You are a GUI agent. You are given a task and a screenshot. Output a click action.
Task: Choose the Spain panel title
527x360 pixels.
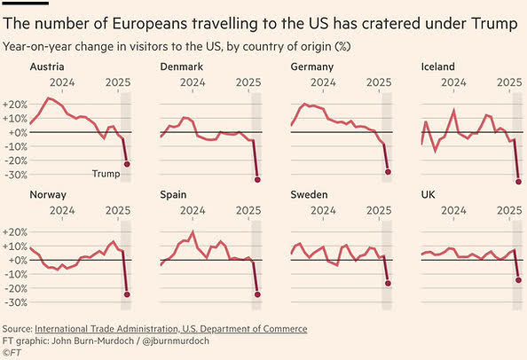[x=174, y=194]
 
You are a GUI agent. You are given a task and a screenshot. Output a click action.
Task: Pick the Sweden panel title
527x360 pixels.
[x=310, y=194]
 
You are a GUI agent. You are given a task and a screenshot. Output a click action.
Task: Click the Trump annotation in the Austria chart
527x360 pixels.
[x=106, y=174]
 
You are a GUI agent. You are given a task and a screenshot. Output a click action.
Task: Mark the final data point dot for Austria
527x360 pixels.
[x=127, y=164]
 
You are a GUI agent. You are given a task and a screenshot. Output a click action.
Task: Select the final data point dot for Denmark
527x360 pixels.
[x=257, y=180]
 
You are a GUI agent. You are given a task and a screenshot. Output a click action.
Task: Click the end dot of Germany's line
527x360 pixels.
[x=388, y=172]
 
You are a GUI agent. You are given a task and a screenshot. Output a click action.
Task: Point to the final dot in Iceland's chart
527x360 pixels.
[x=518, y=182]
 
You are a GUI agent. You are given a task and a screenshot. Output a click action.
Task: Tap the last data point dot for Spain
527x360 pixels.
[x=257, y=295]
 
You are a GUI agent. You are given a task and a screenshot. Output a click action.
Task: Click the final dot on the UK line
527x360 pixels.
[x=518, y=280]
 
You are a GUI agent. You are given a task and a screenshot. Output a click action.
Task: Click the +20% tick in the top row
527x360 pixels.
[x=16, y=104]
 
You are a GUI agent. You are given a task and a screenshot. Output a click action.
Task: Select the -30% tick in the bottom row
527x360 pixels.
[x=16, y=302]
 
